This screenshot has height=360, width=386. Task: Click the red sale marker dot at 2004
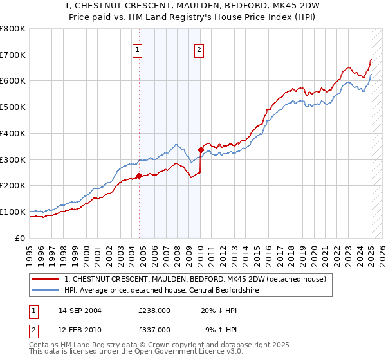[x=139, y=175]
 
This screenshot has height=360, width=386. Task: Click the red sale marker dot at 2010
[x=201, y=150]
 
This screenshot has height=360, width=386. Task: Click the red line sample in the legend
[x=46, y=279]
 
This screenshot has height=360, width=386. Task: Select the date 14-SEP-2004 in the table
[x=80, y=310]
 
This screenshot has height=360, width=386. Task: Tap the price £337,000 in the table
[x=154, y=330]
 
